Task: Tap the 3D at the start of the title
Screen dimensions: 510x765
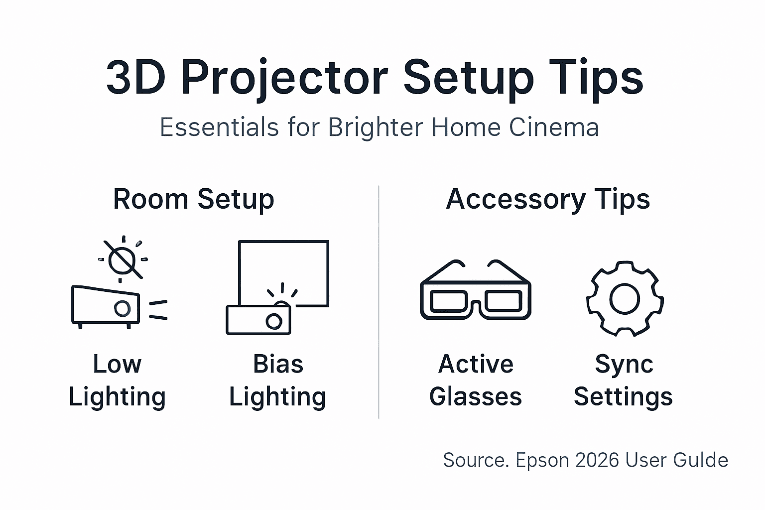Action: (135, 79)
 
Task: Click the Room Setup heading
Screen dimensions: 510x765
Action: (193, 199)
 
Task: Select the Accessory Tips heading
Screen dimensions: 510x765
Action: (547, 199)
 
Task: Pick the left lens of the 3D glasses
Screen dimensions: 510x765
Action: (448, 301)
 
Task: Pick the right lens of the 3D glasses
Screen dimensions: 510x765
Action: (504, 301)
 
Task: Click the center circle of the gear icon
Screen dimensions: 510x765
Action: (625, 298)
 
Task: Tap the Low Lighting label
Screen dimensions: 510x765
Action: (117, 381)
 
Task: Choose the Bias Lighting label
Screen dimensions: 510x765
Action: (277, 381)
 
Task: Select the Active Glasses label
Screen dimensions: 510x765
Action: (476, 381)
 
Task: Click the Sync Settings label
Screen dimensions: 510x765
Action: (624, 381)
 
